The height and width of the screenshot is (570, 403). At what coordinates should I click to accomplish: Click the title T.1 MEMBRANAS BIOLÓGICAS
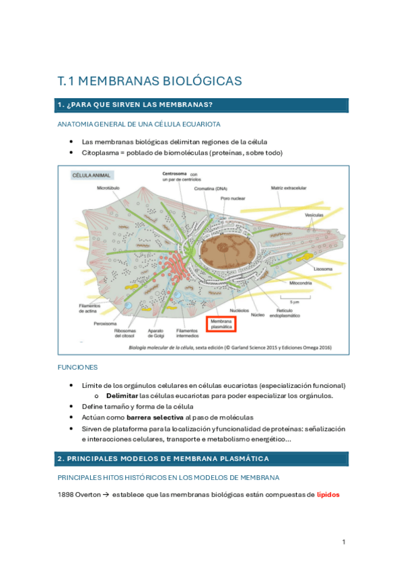coord(149,81)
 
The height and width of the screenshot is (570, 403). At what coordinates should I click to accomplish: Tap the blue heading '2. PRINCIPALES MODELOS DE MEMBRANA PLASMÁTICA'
coord(163,458)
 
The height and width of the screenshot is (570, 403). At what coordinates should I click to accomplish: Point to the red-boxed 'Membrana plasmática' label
coord(221,325)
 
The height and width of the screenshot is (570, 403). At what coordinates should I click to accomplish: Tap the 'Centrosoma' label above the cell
coord(174,173)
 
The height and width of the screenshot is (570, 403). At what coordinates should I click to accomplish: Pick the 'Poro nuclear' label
coord(233,199)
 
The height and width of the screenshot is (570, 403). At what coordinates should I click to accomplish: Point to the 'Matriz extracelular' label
coord(289,189)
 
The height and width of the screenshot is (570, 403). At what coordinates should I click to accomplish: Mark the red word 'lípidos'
coord(329,495)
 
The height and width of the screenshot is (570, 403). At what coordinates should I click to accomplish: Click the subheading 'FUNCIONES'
coord(77,367)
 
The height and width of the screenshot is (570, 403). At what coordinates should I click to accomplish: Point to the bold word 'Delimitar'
coord(118,396)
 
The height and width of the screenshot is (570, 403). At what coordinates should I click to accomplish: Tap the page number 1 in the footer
coord(343,542)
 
